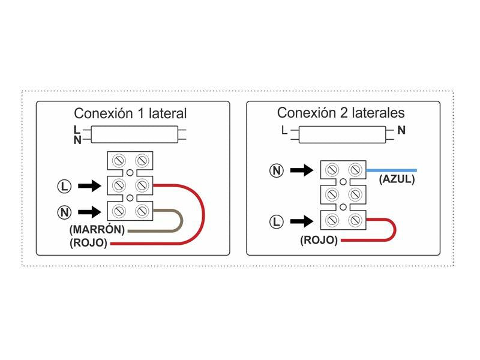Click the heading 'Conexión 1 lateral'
pyautogui.click(x=130, y=113)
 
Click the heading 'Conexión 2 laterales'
pyautogui.click(x=341, y=113)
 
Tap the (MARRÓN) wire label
pyautogui.click(x=97, y=230)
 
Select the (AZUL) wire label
pyautogui.click(x=397, y=179)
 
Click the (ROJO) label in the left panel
pyautogui.click(x=88, y=243)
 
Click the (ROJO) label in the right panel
pyautogui.click(x=319, y=241)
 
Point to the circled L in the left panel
pyautogui.click(x=65, y=186)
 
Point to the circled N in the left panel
pyautogui.click(x=65, y=211)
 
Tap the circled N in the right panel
pyautogui.click(x=276, y=171)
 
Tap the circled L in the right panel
pyautogui.click(x=276, y=222)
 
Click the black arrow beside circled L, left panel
pyautogui.click(x=91, y=186)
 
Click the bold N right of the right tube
pyautogui.click(x=401, y=130)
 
